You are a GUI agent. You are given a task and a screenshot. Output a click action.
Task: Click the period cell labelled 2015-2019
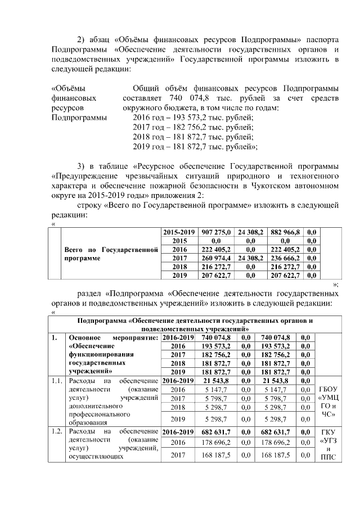click(x=177, y=232)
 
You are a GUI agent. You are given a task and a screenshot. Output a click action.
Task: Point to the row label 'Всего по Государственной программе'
click(x=111, y=254)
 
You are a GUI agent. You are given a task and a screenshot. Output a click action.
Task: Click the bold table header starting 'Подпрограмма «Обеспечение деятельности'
click(x=195, y=323)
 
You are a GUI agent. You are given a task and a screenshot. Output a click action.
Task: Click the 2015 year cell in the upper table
click(x=177, y=240)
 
